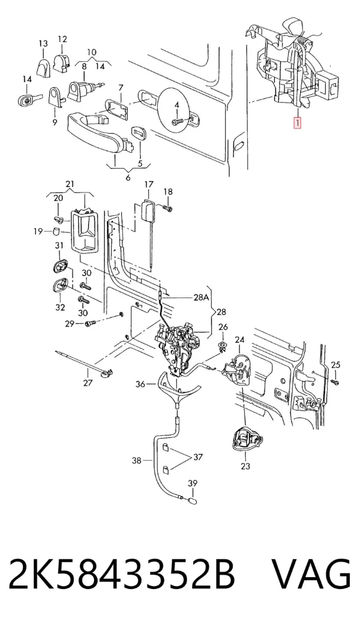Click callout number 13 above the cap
pos(43,43)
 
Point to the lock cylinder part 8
pos(82,89)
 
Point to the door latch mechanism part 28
pos(179,344)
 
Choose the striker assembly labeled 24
pos(238,369)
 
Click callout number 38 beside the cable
pos(137,461)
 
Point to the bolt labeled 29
pos(90,324)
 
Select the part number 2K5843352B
pos(122,575)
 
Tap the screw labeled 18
pos(167,208)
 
